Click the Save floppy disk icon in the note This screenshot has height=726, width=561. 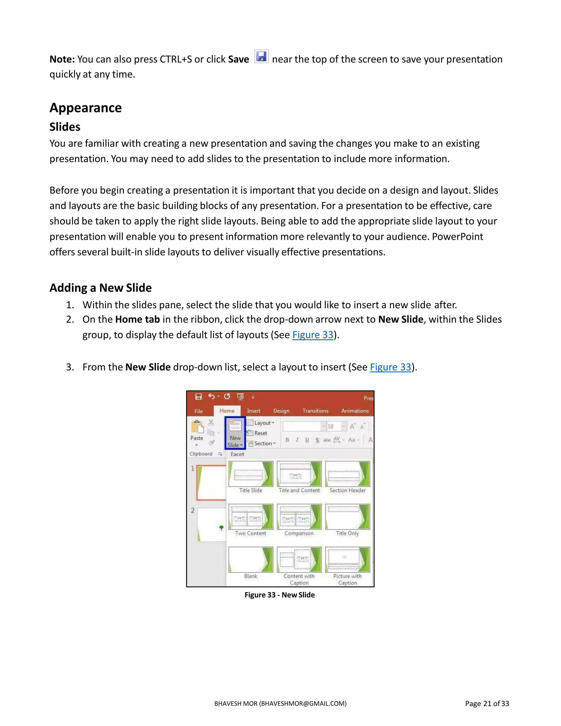pyautogui.click(x=261, y=56)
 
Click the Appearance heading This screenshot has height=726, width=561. pyautogui.click(x=85, y=108)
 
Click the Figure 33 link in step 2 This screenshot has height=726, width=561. pyautogui.click(x=312, y=335)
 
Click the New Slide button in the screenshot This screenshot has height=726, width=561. pyautogui.click(x=235, y=433)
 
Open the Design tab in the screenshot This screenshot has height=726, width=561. pyautogui.click(x=281, y=411)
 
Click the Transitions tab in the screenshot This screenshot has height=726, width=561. pyautogui.click(x=315, y=411)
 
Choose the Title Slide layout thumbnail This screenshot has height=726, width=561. pyautogui.click(x=251, y=474)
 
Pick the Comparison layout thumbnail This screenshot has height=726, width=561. pyautogui.click(x=299, y=517)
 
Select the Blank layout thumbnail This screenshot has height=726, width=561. pyautogui.click(x=251, y=560)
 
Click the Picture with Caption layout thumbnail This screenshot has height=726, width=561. pyautogui.click(x=347, y=560)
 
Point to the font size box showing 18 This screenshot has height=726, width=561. pyautogui.click(x=333, y=427)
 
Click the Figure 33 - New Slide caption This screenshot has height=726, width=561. pyautogui.click(x=279, y=595)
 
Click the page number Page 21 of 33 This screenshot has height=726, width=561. pyautogui.click(x=487, y=703)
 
